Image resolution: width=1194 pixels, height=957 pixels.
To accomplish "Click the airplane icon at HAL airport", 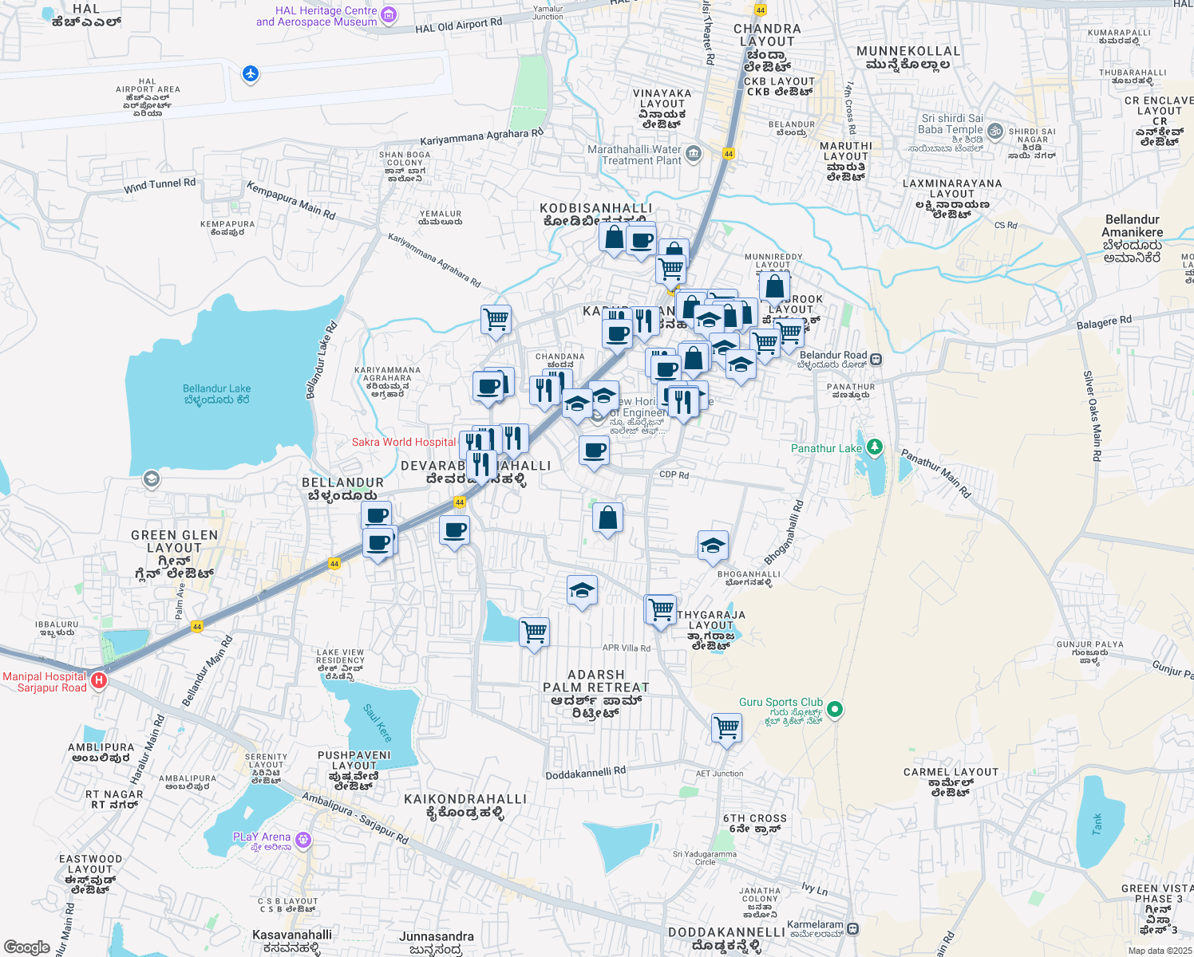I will pos(251,74).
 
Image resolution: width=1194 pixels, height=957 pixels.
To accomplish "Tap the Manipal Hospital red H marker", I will pos(99,680).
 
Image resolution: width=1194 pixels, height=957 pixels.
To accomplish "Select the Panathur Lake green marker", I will pos(875,447).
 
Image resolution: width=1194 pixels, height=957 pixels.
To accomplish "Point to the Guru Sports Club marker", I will pos(835,708).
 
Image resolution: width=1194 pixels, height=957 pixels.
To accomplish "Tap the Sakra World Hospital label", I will pos(404,442).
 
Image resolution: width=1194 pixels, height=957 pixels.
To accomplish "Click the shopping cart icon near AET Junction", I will pos(726,727).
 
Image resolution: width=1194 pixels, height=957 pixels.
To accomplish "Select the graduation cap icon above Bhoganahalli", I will pos(712,545).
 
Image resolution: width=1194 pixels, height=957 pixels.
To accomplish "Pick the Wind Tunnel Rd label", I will pos(160,186).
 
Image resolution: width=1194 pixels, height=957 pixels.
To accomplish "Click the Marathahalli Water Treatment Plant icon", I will pos(693,154).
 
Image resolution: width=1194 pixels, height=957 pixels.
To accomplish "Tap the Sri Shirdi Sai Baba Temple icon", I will pos(997,128).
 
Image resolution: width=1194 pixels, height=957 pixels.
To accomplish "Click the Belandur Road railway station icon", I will pos(876,358).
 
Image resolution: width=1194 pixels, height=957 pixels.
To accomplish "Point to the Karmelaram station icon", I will pos(853,928).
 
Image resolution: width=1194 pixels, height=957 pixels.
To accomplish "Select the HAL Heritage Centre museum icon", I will pos(389,14).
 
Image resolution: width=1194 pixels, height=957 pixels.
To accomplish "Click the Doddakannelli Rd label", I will pos(586,773).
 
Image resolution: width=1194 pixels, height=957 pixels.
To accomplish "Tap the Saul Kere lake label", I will pos(378,723).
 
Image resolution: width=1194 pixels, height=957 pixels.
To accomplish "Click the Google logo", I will pos(27,947).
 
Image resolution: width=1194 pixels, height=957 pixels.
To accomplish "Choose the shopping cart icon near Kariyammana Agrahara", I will pos(496,320).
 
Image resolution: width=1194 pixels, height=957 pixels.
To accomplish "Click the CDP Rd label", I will pos(674,475).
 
